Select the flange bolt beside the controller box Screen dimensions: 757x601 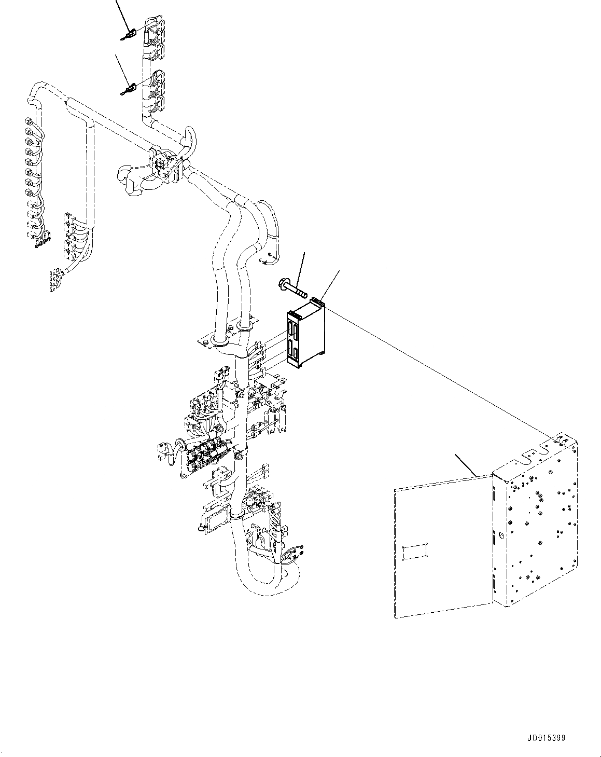click(x=289, y=287)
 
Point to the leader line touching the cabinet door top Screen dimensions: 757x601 click(x=466, y=464)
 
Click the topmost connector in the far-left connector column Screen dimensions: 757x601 click(x=27, y=122)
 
